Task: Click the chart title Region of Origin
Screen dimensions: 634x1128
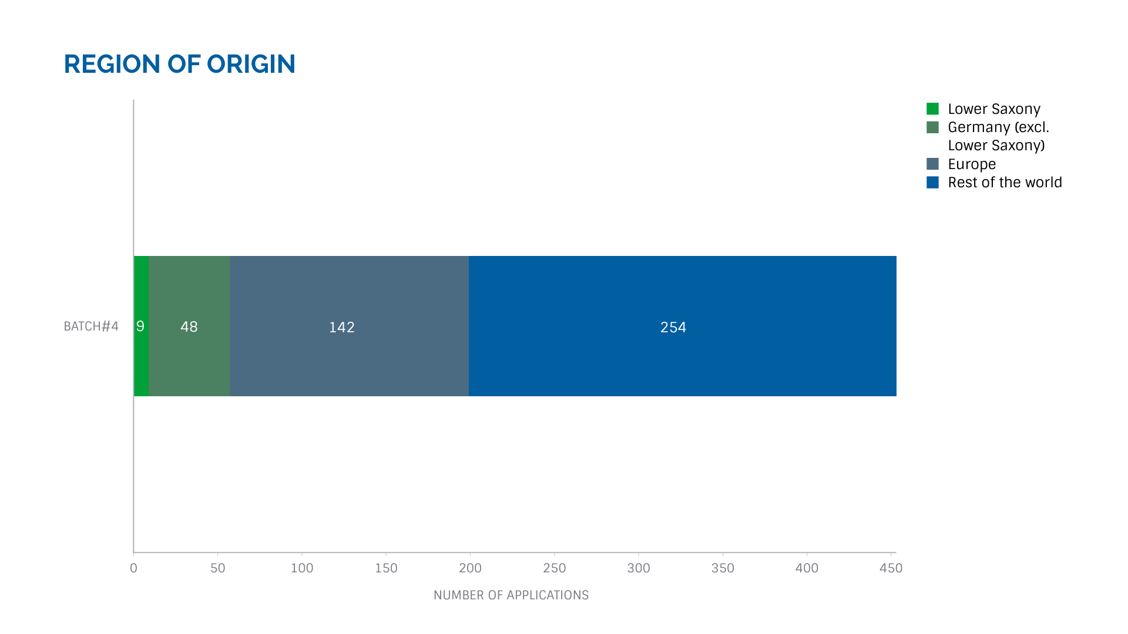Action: click(179, 64)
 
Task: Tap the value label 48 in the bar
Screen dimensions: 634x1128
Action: click(189, 327)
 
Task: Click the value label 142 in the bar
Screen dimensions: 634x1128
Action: click(341, 327)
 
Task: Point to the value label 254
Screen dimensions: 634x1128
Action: click(673, 327)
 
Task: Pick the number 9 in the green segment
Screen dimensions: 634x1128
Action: click(140, 326)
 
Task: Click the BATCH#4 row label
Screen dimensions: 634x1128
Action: click(91, 326)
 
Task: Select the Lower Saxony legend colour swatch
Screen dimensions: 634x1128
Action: click(932, 109)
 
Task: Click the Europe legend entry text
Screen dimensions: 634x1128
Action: click(972, 164)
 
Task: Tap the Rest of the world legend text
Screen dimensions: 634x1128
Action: click(1005, 183)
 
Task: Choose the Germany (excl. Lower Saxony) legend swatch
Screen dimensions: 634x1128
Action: click(932, 127)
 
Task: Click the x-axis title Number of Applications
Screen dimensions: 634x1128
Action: click(511, 595)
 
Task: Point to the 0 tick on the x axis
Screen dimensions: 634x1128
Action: click(133, 568)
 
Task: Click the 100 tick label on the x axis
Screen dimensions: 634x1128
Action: click(302, 568)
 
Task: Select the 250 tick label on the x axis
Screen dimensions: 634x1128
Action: click(554, 568)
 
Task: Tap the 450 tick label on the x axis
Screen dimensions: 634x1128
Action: click(891, 568)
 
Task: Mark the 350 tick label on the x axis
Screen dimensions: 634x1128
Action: click(723, 568)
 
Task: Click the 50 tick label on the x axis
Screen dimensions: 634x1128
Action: click(217, 568)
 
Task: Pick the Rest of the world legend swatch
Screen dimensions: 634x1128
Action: click(932, 183)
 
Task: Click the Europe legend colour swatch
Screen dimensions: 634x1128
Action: click(932, 164)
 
